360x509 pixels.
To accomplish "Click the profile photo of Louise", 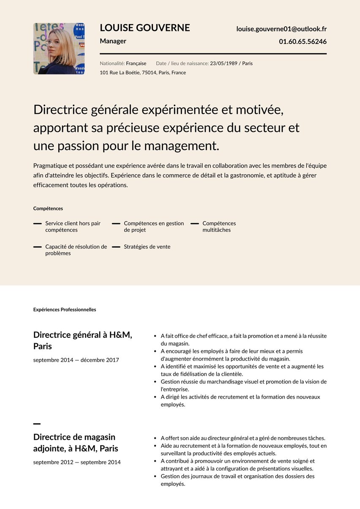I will coord(59,49).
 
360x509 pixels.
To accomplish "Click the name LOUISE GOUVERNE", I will coord(145,28).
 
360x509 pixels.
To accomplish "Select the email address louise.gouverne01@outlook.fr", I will coord(281,29).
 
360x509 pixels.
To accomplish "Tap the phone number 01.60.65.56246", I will coord(303,41).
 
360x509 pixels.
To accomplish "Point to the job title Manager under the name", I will coord(113,41).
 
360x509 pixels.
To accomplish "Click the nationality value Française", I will coord(136,63).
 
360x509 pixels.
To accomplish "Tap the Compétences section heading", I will coord(48,208).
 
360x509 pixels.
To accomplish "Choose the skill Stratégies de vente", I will coord(147,247).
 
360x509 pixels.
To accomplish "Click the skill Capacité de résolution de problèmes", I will coord(76,250).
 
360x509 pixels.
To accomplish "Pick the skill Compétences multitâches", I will coord(219,227).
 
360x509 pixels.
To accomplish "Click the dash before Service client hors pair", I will coord(38,223).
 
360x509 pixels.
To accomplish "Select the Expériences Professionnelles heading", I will coord(65,310).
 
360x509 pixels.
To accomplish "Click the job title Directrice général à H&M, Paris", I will coord(83,340).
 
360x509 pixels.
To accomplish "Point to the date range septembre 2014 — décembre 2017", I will coord(76,360).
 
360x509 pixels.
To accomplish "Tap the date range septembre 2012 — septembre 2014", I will coord(77,462).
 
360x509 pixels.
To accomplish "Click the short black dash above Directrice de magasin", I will coord(37,424).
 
